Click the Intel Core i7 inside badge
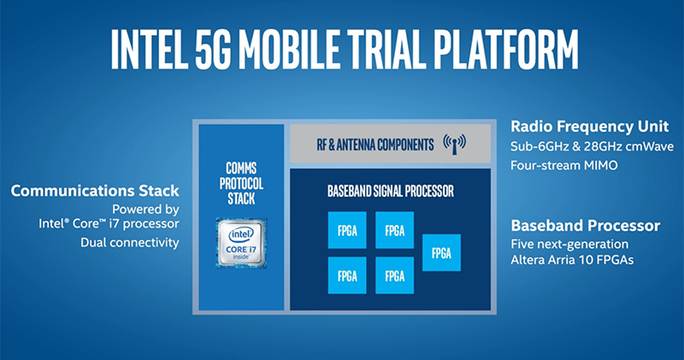(x=240, y=243)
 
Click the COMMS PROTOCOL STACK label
(x=240, y=182)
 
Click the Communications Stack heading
(x=95, y=191)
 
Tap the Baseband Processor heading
(x=585, y=226)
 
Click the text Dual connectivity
(x=129, y=243)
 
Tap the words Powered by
(x=144, y=209)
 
